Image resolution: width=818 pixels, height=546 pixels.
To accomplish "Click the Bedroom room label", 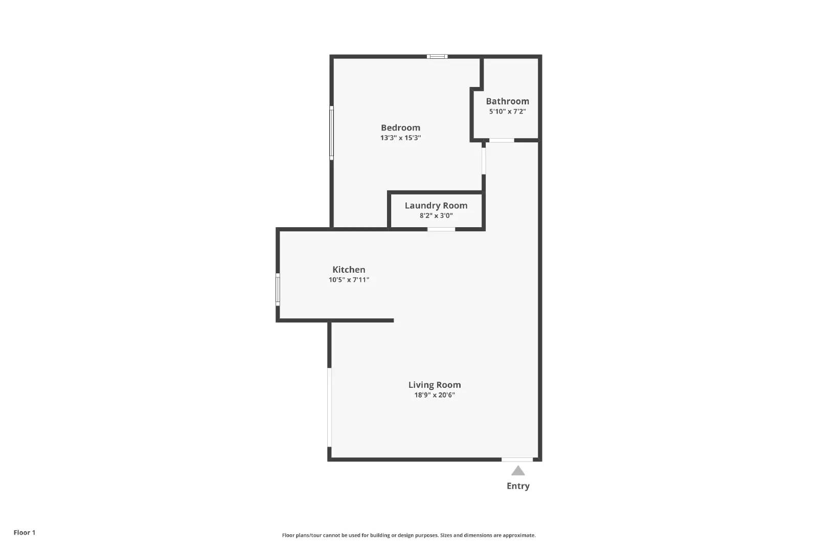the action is pyautogui.click(x=401, y=127).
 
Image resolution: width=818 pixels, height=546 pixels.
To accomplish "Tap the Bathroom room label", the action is pyautogui.click(x=507, y=101).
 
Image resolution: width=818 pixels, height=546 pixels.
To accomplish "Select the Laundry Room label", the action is pyautogui.click(x=436, y=205).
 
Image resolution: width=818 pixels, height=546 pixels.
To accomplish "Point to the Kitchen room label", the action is pyautogui.click(x=349, y=270).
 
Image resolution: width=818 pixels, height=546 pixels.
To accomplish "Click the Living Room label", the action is pyautogui.click(x=435, y=385).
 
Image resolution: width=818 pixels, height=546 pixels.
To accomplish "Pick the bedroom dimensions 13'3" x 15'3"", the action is pyautogui.click(x=401, y=138).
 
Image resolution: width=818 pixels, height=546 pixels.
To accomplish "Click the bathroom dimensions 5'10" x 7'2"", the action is pyautogui.click(x=508, y=112).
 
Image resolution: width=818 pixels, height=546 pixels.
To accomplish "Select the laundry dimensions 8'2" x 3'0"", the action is pyautogui.click(x=436, y=215).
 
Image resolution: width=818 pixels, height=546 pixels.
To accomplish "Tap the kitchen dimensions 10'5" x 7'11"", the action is pyautogui.click(x=349, y=280).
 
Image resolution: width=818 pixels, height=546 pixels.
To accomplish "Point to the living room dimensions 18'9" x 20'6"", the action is pyautogui.click(x=435, y=395).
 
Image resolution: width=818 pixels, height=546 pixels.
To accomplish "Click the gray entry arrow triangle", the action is pyautogui.click(x=518, y=471).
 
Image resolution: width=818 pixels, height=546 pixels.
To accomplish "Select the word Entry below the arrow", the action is pyautogui.click(x=518, y=486).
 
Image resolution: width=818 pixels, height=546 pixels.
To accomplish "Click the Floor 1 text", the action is pyautogui.click(x=25, y=533).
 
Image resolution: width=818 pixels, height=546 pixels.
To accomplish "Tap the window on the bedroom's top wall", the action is pyautogui.click(x=437, y=56).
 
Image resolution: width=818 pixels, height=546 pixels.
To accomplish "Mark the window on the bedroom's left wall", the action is pyautogui.click(x=332, y=133).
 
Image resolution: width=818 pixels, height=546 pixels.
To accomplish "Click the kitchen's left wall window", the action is pyautogui.click(x=278, y=289).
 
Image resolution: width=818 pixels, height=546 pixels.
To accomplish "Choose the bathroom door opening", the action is pyautogui.click(x=502, y=140).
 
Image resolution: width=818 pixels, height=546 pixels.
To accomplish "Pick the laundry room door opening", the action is pyautogui.click(x=441, y=230).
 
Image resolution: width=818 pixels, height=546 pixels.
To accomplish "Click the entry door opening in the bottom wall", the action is pyautogui.click(x=517, y=460).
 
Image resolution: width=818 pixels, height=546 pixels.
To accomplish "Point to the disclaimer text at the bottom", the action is pyautogui.click(x=408, y=535).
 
